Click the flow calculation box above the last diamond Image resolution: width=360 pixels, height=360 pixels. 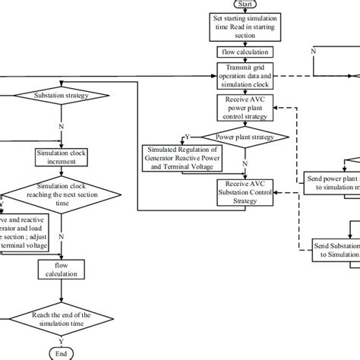(x=61, y=270)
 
